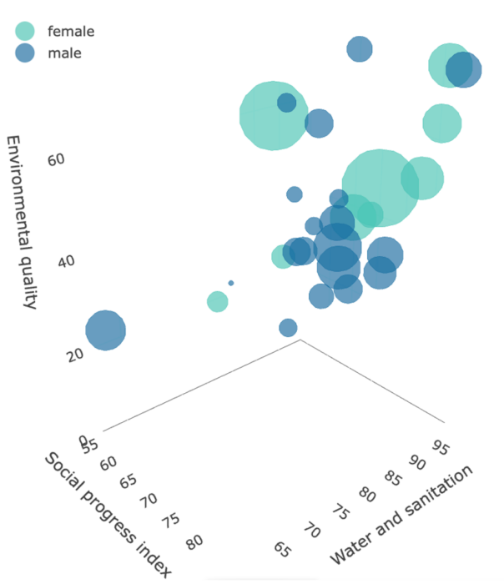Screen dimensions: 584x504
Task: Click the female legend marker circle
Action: pyautogui.click(x=26, y=31)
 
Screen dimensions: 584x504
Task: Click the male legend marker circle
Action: pyautogui.click(x=26, y=53)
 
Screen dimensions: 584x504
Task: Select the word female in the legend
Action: pyautogui.click(x=71, y=32)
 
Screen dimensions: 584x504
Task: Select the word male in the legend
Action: pyautogui.click(x=65, y=54)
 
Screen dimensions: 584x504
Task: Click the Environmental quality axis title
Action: pyautogui.click(x=22, y=221)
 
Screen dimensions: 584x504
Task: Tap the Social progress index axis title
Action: pyautogui.click(x=108, y=514)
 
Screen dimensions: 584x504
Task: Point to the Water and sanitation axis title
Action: pyautogui.click(x=402, y=514)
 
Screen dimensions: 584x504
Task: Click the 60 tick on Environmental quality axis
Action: pyautogui.click(x=56, y=159)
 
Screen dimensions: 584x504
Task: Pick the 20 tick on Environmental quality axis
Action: pyautogui.click(x=75, y=354)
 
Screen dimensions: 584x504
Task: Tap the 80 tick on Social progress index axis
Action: pyautogui.click(x=194, y=542)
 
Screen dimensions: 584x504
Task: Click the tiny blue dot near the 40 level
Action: pyautogui.click(x=231, y=284)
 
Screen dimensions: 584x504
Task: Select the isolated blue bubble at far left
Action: pyautogui.click(x=104, y=330)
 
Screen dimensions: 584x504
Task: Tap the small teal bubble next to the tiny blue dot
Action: pyautogui.click(x=217, y=301)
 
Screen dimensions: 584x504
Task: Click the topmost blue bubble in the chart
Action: pyautogui.click(x=359, y=49)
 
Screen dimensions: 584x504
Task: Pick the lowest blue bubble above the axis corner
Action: pyautogui.click(x=288, y=328)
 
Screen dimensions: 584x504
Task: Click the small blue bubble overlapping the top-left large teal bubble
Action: pyautogui.click(x=287, y=103)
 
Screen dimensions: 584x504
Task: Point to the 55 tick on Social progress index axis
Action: pyautogui.click(x=91, y=445)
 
